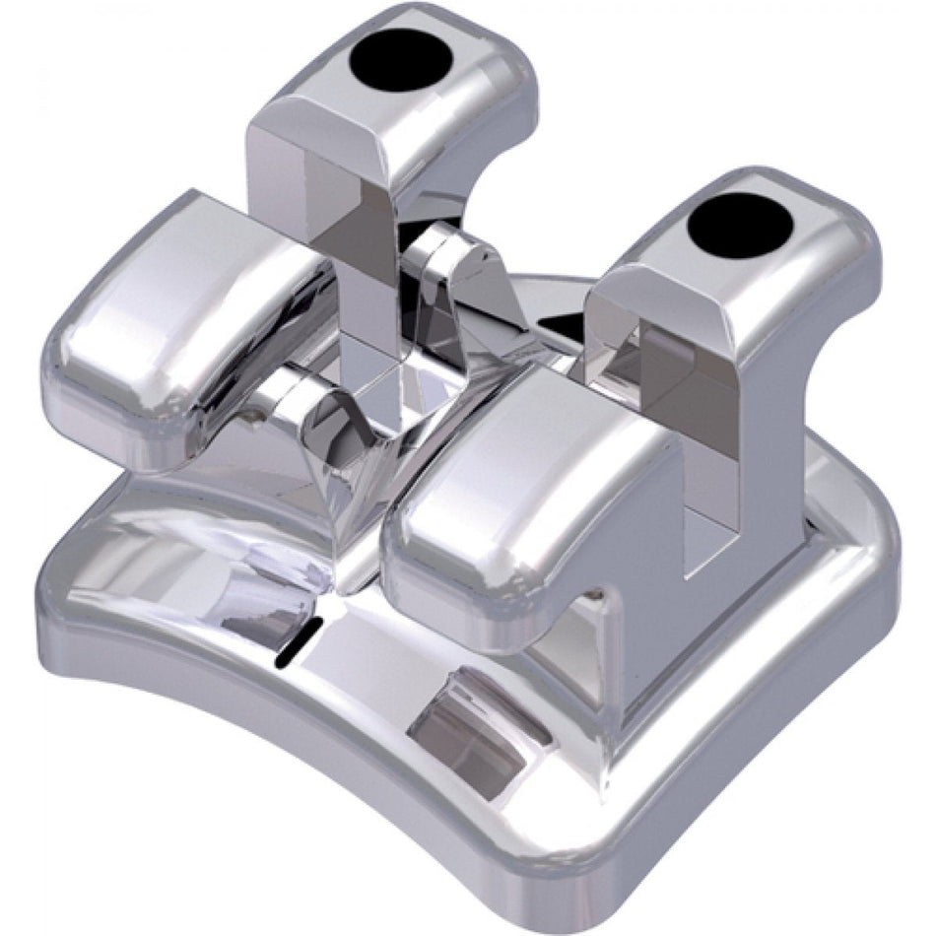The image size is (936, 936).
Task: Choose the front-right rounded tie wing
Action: (512, 483)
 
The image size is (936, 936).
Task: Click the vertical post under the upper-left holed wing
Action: (369, 286)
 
